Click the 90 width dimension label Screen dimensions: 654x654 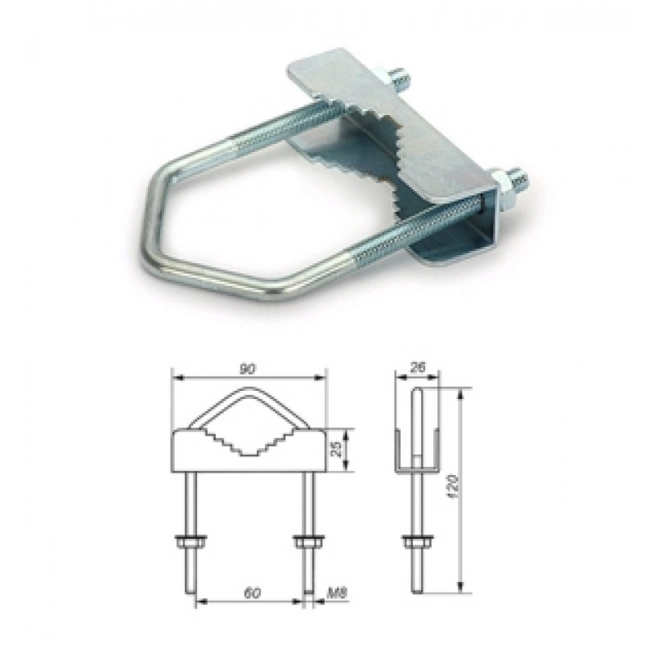[x=247, y=369]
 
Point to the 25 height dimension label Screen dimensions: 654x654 [x=338, y=450]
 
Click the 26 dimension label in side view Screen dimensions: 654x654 [x=417, y=367]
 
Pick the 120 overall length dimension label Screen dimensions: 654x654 [x=455, y=488]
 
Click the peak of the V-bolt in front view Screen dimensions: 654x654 [x=249, y=388]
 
